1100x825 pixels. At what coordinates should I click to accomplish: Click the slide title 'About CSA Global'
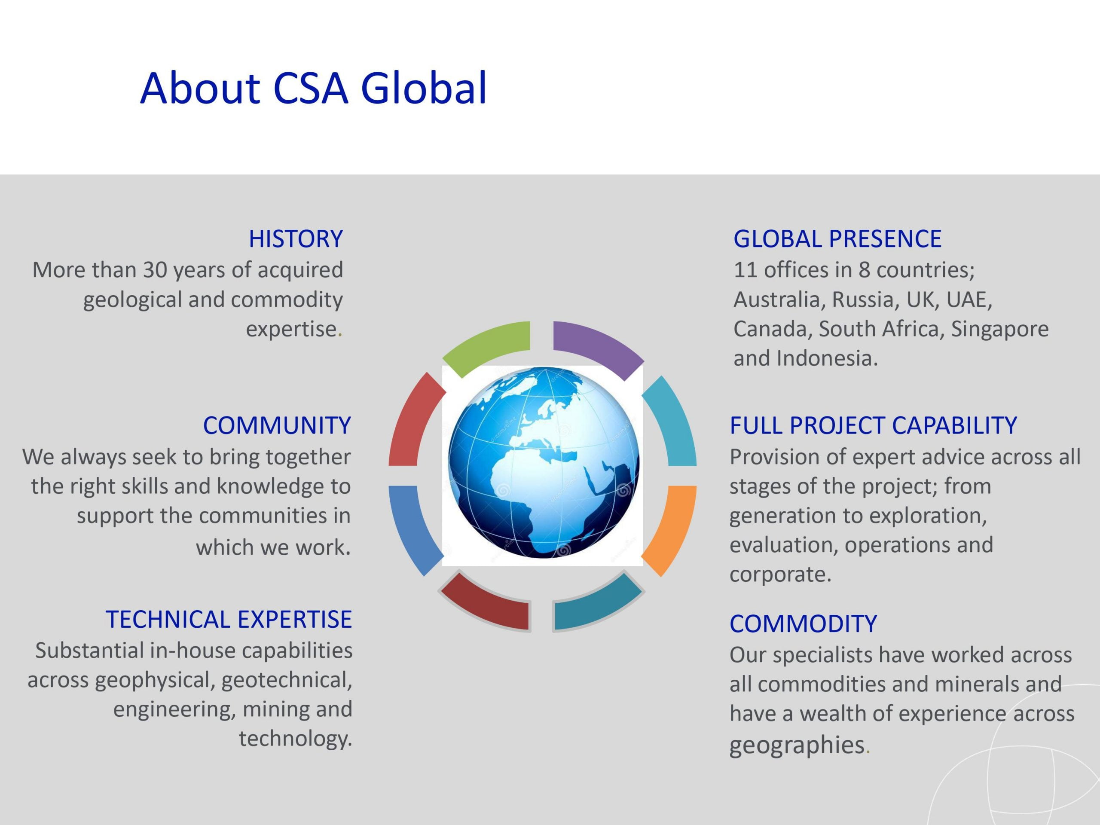pyautogui.click(x=313, y=88)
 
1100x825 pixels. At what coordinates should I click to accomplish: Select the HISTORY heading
pyautogui.click(x=296, y=239)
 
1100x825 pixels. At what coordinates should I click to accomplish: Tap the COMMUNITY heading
pyautogui.click(x=277, y=426)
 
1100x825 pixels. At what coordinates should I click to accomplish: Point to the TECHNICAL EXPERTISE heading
pyautogui.click(x=229, y=620)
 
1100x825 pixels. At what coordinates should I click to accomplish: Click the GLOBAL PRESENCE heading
pyautogui.click(x=837, y=239)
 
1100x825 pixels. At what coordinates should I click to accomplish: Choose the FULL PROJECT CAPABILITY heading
pyautogui.click(x=873, y=426)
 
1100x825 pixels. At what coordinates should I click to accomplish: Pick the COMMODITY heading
pyautogui.click(x=803, y=623)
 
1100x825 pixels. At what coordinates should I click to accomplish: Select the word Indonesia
pyautogui.click(x=827, y=358)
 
